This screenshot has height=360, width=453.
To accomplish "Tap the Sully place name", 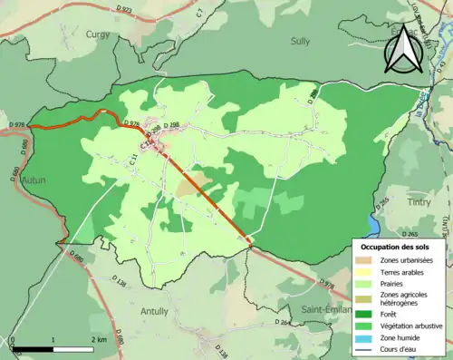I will pyautogui.click(x=300, y=41).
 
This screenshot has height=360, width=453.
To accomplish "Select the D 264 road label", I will pyautogui.click(x=284, y=323).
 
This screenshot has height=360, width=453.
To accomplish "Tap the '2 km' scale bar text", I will pyautogui.click(x=99, y=339).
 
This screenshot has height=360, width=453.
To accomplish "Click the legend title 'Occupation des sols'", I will pyautogui.click(x=396, y=247).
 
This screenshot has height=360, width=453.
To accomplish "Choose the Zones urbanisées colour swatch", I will pyautogui.click(x=365, y=261).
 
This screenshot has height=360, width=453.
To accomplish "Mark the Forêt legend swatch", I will pyautogui.click(x=365, y=313).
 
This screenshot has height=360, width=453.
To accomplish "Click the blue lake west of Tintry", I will pyautogui.click(x=374, y=220).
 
